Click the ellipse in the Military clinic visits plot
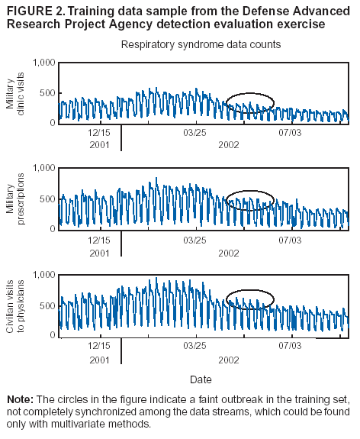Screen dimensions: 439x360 [x=250, y=103]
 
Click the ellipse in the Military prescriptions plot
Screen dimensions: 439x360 [x=250, y=200]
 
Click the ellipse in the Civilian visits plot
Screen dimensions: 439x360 [x=250, y=299]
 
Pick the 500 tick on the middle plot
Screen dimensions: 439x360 [x=47, y=199]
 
